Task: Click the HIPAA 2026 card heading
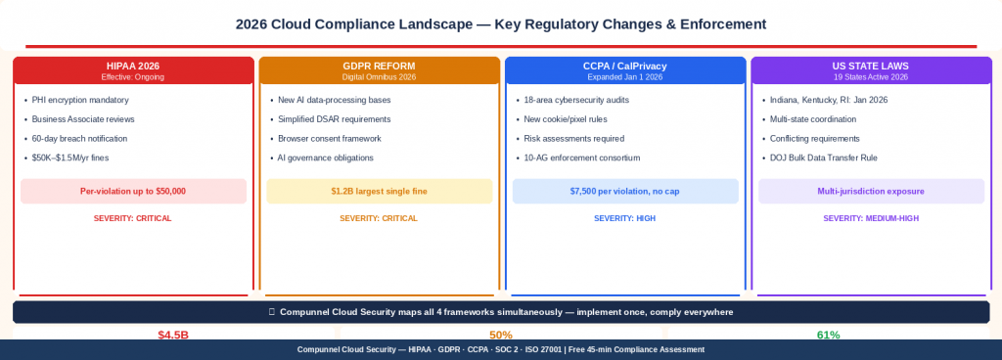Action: point(132,66)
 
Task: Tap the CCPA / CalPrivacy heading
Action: point(624,66)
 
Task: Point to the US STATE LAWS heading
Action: point(870,66)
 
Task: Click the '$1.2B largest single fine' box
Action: point(379,191)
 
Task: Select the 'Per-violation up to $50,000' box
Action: point(132,191)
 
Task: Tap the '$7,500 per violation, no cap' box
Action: point(624,191)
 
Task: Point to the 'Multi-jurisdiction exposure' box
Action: point(870,191)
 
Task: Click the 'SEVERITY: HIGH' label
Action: point(624,218)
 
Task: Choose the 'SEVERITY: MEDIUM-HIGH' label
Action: point(870,218)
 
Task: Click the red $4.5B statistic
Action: point(172,335)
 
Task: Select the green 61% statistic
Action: point(828,335)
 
